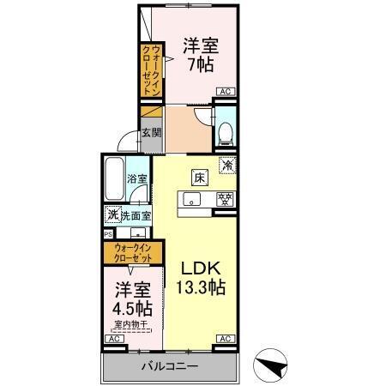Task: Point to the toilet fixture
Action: [226, 131]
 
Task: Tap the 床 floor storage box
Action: [198, 178]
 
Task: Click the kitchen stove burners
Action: [224, 200]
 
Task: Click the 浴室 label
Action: [137, 179]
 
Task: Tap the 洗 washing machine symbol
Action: [112, 214]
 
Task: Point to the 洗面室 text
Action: [136, 215]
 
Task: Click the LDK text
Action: [202, 267]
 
